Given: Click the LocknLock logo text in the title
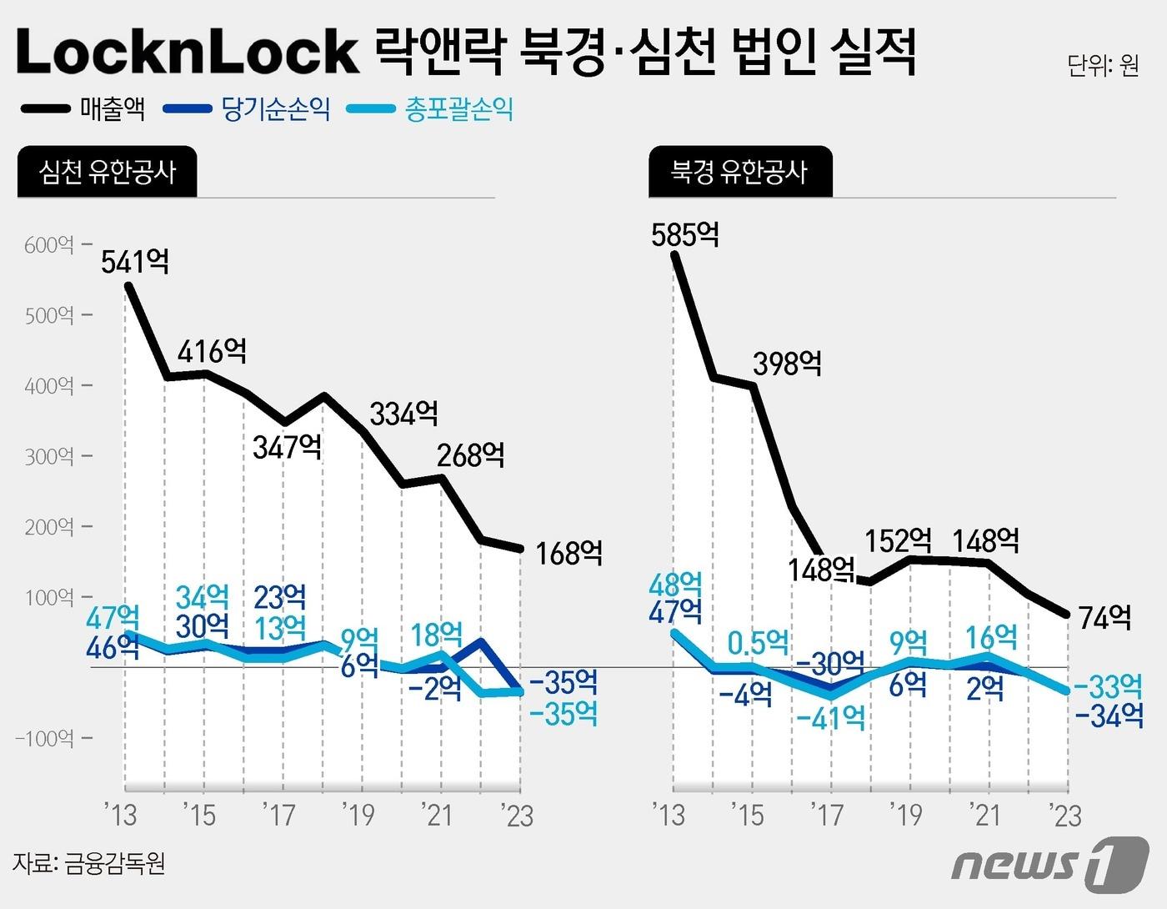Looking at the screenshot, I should coord(187,52).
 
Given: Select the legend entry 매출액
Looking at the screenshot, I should coord(112,108).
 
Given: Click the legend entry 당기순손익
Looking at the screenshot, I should coord(275,108).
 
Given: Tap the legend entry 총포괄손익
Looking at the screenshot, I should coord(458,109).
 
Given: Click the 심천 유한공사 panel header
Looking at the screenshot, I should coord(108,172).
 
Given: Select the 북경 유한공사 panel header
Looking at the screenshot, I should coord(739,172).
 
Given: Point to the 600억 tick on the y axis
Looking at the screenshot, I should coord(49,245).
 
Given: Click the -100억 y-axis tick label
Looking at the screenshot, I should coord(43,738).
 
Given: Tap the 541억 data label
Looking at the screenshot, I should coord(135,262).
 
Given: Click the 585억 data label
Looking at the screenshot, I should coord(685,234).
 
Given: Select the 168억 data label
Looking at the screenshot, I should coord(568,553).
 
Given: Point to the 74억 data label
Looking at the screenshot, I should coord(1104,618).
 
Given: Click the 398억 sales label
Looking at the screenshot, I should coord(787,364).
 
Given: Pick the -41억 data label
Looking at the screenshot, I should coord(830,717).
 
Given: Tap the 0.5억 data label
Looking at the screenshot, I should coord(758,643).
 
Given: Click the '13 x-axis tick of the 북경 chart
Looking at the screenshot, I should coord(668,815).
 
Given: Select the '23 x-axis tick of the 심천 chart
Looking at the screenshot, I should coord(516,815).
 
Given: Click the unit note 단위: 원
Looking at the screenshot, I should coord(1102,65).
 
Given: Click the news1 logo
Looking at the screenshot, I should coord(1049,863).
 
